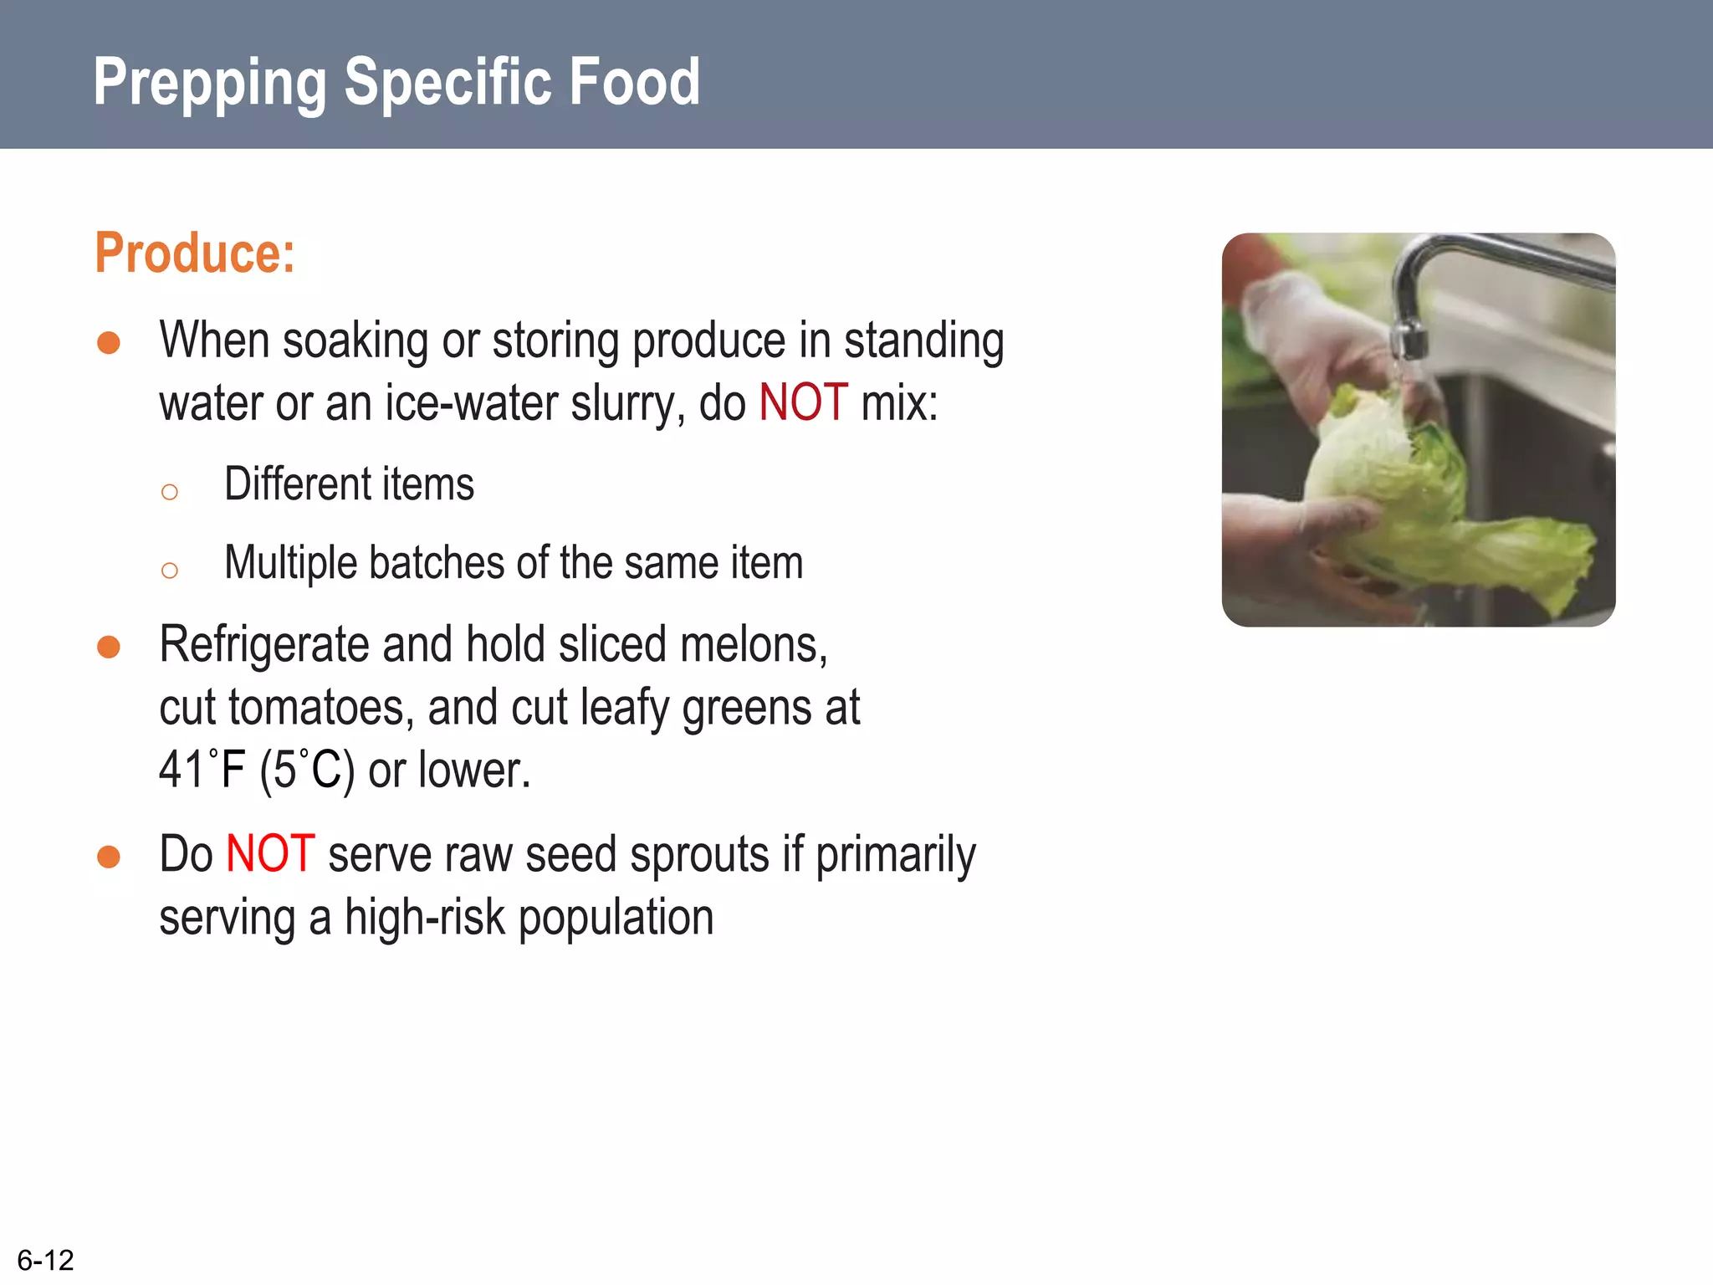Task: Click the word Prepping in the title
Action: pos(209,84)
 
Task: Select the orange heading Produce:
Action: pos(195,253)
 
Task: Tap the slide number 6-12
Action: pos(45,1260)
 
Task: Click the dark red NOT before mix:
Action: pos(803,402)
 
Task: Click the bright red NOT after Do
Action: pos(270,854)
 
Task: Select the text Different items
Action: pos(349,484)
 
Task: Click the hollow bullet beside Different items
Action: pos(170,492)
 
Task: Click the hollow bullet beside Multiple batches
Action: pos(170,571)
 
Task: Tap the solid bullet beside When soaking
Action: pos(109,343)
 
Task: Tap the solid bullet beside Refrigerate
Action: pos(109,647)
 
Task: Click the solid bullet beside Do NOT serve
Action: pos(109,857)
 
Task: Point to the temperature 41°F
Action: pos(202,770)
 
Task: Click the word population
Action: pos(616,918)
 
